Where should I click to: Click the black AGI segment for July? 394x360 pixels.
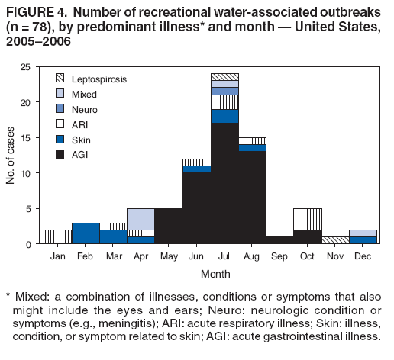click(224, 183)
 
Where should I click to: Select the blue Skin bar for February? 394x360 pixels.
click(86, 233)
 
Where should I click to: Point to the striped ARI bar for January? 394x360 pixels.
click(57, 236)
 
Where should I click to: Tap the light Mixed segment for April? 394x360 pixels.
click(140, 219)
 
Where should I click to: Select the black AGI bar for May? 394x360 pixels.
click(169, 226)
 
